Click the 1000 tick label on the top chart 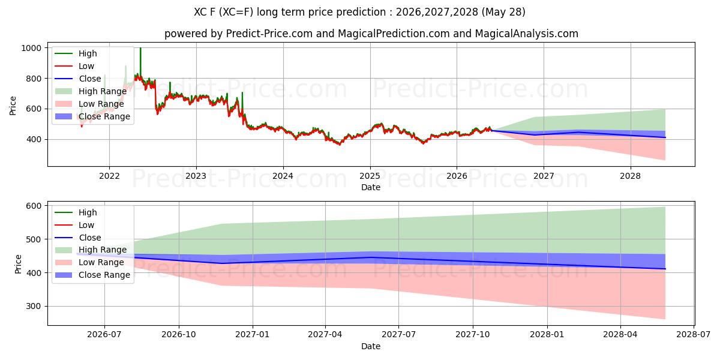coord(31,48)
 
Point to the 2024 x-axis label coord(283,176)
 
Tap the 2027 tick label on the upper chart coord(544,176)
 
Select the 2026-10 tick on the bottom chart coord(179,335)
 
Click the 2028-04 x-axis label coord(620,335)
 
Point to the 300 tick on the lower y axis coord(34,307)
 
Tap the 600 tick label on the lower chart coord(34,206)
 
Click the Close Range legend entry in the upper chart coord(92,116)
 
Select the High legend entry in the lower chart coord(76,212)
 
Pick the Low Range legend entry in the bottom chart coord(89,262)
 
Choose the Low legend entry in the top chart coord(74,66)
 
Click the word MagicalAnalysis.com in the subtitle coord(527,34)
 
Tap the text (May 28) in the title coord(503,12)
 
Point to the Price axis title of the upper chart coord(13,106)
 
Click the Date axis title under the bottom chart coord(371,347)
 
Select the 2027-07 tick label coord(398,335)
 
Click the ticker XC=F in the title coord(238,12)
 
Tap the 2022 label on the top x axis coord(109,176)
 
